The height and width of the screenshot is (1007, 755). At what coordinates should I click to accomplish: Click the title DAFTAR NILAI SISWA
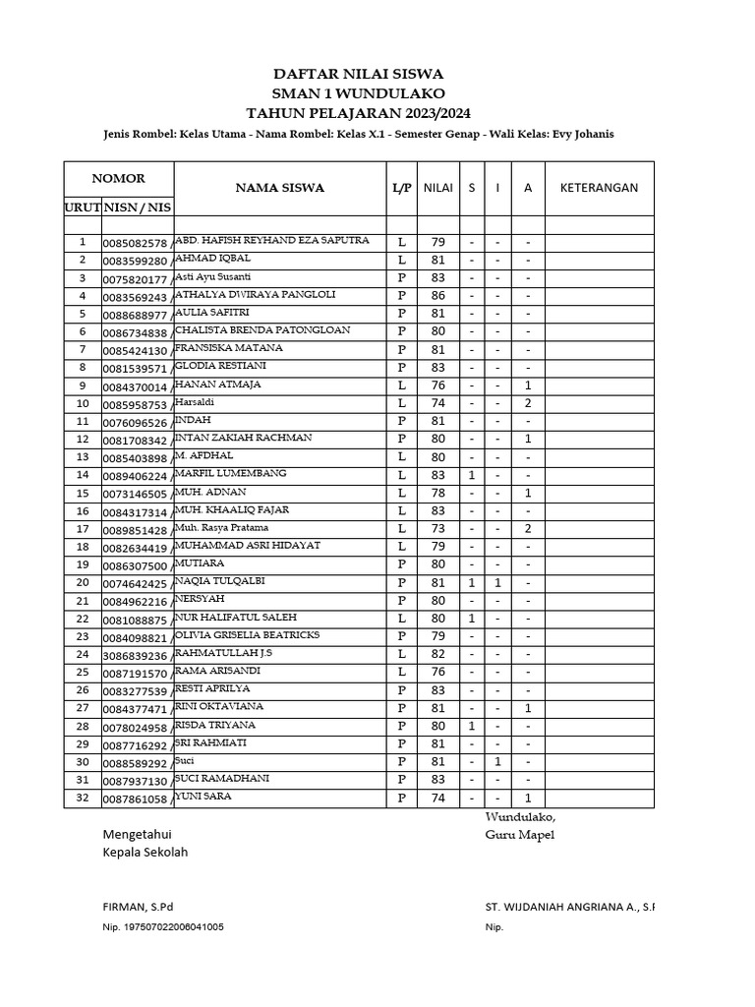358,74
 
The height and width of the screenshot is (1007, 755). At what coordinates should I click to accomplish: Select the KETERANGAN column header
599,188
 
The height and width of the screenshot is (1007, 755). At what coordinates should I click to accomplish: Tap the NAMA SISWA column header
279,188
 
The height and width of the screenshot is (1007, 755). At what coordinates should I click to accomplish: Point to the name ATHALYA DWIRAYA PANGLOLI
255,294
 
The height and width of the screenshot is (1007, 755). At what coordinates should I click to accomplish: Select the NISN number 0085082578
136,243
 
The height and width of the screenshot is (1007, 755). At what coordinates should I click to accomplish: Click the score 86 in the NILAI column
437,295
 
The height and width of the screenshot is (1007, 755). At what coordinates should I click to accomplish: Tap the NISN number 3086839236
136,655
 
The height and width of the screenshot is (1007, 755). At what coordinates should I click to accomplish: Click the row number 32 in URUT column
83,799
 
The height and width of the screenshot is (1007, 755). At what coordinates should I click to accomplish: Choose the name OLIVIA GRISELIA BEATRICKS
247,634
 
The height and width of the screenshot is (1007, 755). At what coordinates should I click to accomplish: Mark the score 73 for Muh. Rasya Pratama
437,528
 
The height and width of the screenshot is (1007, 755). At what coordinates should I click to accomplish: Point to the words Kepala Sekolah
145,853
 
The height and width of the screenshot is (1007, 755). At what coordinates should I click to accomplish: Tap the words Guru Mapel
520,835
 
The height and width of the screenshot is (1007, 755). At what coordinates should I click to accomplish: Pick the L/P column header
401,188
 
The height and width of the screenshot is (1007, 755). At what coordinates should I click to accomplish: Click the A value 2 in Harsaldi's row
528,403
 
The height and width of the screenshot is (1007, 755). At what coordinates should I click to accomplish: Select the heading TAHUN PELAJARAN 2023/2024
358,112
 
